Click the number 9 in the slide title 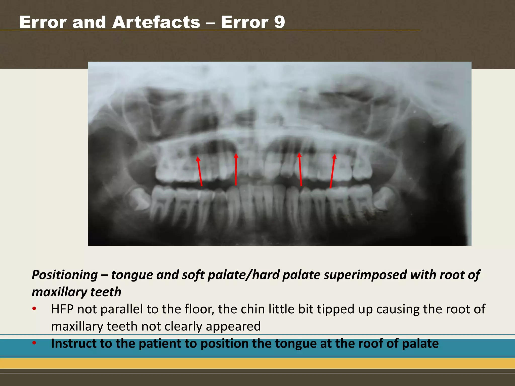tap(279, 22)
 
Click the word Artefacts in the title tap(156, 22)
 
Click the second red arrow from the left tap(236, 170)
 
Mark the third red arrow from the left tap(300, 169)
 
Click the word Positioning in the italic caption tap(65, 275)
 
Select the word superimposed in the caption tap(365, 275)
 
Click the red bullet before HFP tap(34, 309)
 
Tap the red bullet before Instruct tap(34, 343)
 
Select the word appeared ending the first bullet tap(233, 326)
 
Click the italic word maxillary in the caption tap(59, 292)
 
